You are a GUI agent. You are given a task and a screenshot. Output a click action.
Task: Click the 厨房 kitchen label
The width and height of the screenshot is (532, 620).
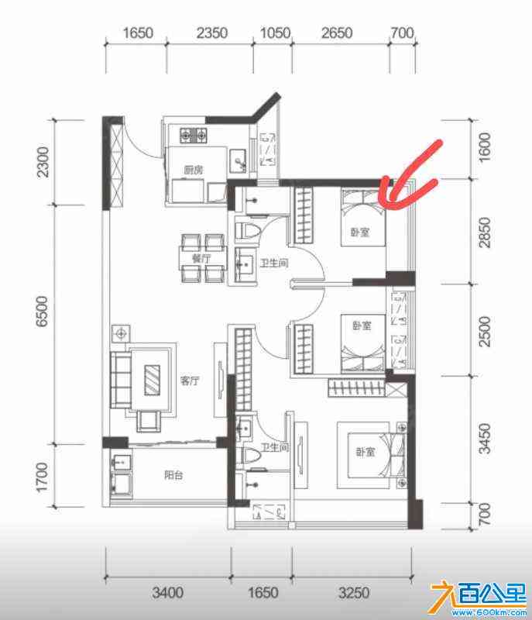tap(194, 170)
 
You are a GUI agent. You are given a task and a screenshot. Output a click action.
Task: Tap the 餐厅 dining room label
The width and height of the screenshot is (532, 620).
tap(201, 259)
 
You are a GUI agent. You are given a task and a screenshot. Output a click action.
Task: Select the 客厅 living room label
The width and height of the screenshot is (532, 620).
tap(190, 381)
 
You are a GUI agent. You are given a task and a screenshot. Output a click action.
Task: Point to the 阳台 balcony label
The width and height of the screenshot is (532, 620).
tap(173, 474)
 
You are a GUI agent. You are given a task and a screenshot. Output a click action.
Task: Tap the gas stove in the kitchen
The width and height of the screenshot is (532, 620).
tap(194, 136)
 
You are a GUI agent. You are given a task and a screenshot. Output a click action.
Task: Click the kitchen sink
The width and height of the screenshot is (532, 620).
tap(238, 160)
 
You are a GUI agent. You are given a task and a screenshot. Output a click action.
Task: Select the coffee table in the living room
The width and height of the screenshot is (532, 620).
tap(152, 380)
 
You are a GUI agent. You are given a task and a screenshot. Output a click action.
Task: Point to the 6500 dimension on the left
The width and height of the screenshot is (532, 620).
tap(42, 312)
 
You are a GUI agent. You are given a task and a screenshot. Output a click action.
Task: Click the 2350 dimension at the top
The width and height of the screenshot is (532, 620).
tap(212, 33)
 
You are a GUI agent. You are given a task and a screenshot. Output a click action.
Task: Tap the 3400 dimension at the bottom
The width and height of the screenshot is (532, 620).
tap(168, 592)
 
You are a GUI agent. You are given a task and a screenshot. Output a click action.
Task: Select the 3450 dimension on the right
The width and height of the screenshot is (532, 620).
tap(485, 438)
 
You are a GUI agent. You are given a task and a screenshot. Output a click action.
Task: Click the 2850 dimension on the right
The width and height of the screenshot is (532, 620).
tap(485, 232)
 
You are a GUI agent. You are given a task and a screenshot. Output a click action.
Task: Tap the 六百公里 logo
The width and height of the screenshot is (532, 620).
tap(479, 598)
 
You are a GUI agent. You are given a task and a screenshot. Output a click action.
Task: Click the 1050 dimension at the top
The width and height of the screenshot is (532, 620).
tap(275, 33)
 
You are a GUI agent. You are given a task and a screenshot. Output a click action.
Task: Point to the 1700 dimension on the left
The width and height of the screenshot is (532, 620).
tap(42, 477)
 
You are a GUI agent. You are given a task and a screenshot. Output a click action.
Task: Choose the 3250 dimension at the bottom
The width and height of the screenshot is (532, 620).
tap(354, 592)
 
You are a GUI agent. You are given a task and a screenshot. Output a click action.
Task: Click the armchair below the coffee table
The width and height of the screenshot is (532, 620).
tap(149, 421)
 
